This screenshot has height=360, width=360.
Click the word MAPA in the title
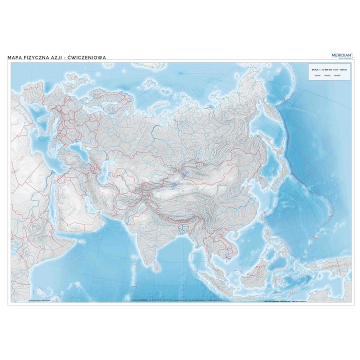pos(15,57)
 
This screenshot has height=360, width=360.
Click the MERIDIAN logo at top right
pos(342,54)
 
